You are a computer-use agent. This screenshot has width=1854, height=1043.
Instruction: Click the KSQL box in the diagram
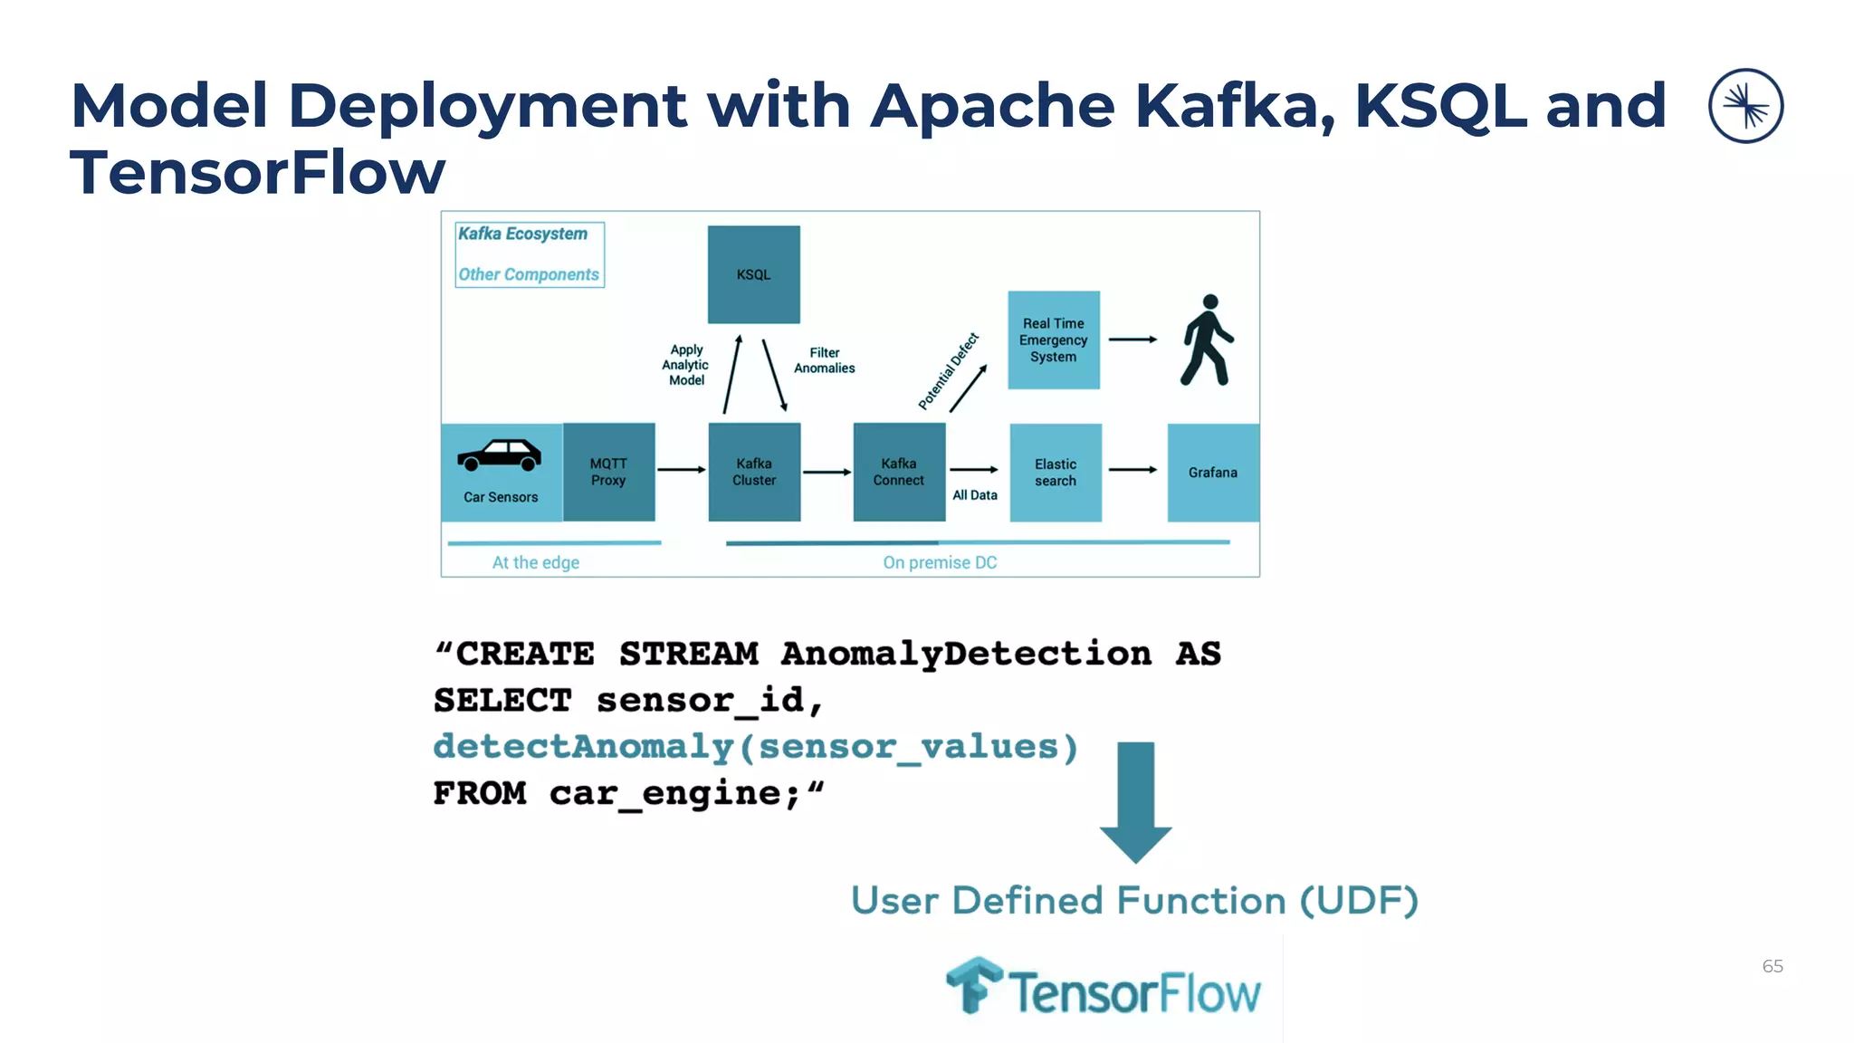pyautogui.click(x=753, y=274)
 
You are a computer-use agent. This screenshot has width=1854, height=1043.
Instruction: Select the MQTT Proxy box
pyautogui.click(x=608, y=472)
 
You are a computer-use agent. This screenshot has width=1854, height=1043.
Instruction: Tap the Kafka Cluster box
pyautogui.click(x=754, y=472)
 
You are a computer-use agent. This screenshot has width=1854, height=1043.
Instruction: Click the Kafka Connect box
pyautogui.click(x=899, y=472)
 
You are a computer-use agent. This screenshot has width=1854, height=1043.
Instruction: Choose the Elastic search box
pyautogui.click(x=1056, y=472)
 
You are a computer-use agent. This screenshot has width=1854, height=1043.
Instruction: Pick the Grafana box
pyautogui.click(x=1212, y=472)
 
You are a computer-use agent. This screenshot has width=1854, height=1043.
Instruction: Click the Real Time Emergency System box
pyautogui.click(x=1054, y=340)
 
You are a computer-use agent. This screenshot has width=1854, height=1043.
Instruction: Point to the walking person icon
pyautogui.click(x=1208, y=340)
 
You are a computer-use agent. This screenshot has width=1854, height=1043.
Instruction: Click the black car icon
pyautogui.click(x=499, y=455)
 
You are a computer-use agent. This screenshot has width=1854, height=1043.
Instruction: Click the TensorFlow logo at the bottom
pyautogui.click(x=1103, y=989)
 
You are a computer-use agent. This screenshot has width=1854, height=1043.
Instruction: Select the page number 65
pyautogui.click(x=1772, y=966)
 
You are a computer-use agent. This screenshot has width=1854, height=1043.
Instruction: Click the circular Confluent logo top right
pyautogui.click(x=1745, y=106)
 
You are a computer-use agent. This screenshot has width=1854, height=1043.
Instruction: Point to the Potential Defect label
pyautogui.click(x=948, y=371)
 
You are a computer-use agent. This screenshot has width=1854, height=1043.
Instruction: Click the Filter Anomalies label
pyautogui.click(x=824, y=360)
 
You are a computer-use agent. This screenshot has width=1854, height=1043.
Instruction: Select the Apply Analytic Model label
pyautogui.click(x=686, y=365)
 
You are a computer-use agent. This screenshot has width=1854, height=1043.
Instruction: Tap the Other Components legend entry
pyautogui.click(x=529, y=274)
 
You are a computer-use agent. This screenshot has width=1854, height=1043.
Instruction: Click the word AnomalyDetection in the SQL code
pyautogui.click(x=966, y=654)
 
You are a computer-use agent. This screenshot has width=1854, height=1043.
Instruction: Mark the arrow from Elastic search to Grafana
pyautogui.click(x=1133, y=470)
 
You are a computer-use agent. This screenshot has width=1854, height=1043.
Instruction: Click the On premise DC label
pyautogui.click(x=940, y=562)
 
